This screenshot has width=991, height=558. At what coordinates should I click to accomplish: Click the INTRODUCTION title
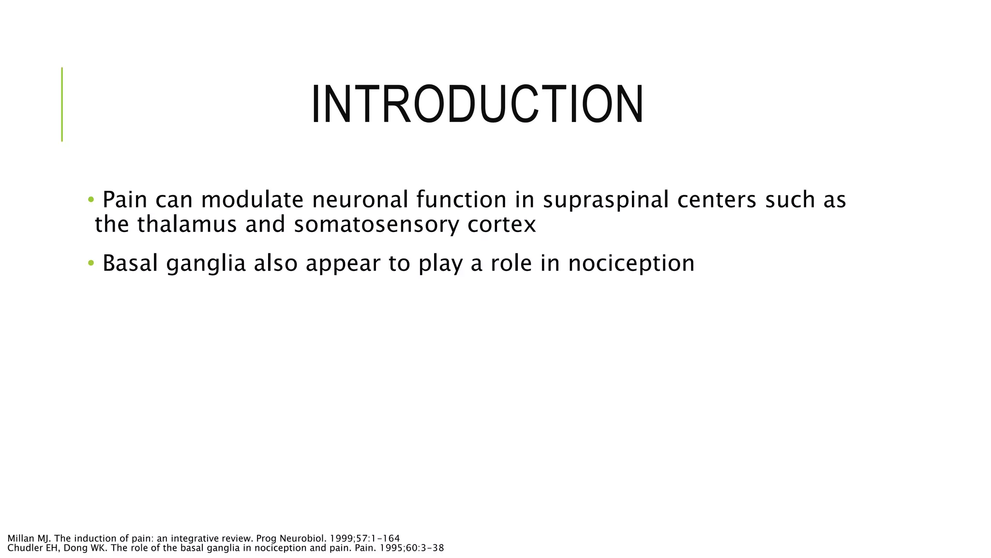pyautogui.click(x=477, y=105)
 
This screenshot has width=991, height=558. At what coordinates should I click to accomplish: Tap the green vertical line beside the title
pyautogui.click(x=62, y=104)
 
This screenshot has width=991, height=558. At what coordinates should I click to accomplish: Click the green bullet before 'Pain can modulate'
pyautogui.click(x=90, y=200)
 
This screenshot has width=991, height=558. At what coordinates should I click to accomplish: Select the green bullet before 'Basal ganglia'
pyautogui.click(x=90, y=263)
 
